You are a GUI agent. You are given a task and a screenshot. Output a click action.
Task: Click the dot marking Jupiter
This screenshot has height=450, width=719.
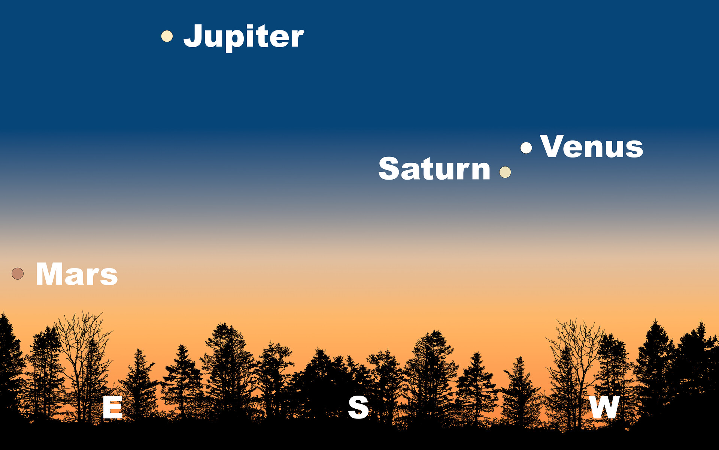tap(167, 36)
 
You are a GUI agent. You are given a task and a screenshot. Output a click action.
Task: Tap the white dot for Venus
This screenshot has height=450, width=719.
tap(526, 148)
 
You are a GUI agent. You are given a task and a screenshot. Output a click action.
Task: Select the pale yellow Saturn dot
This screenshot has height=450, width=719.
tap(505, 172)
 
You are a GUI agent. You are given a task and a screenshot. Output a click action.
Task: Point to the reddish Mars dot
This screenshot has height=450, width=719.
tap(18, 274)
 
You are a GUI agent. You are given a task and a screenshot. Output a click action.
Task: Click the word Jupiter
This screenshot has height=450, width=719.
tap(243, 37)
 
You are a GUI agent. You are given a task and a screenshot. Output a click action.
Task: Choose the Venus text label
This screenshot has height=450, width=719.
tap(592, 147)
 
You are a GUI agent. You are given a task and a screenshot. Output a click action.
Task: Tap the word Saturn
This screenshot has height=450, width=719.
tap(434, 168)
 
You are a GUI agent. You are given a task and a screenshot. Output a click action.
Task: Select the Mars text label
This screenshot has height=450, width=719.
tap(77, 274)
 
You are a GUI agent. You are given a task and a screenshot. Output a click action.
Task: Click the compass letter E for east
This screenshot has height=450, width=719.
tap(113, 407)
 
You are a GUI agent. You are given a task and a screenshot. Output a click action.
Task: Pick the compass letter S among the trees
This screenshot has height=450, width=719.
tap(358, 407)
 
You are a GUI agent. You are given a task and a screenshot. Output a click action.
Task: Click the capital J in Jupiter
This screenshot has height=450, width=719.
tap(193, 36)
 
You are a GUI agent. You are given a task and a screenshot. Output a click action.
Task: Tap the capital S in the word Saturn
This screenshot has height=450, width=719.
tap(389, 168)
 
